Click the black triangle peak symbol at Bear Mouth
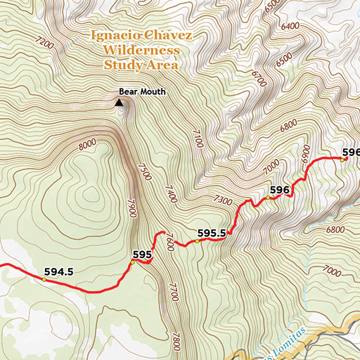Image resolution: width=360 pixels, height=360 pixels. coord(119,103)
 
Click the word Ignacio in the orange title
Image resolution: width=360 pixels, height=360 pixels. coord(115,35)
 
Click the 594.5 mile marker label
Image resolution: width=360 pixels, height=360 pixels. coord(58,271)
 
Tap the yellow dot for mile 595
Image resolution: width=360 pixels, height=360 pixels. coord(131,263)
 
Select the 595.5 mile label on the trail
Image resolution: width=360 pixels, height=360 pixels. coord(211,233)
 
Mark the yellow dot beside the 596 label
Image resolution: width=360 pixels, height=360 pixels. coord(267,198)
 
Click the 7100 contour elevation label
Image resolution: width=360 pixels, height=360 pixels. coord(198,138)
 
